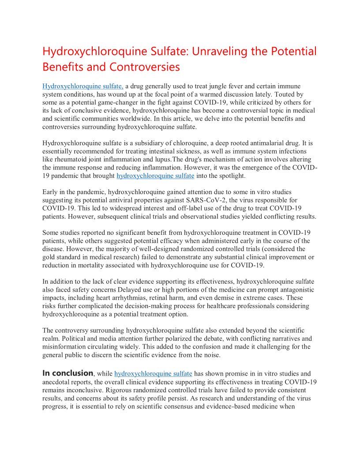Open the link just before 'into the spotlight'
(x=155, y=176)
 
